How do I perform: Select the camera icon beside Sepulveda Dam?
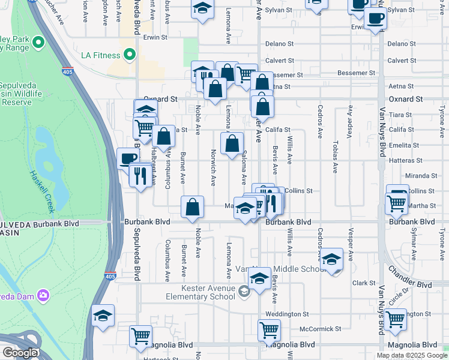(43, 295)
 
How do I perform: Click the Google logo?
(20, 353)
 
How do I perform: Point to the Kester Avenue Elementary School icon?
(244, 292)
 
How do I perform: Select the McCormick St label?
(320, 329)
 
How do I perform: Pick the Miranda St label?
(421, 176)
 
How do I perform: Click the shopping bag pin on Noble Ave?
(192, 207)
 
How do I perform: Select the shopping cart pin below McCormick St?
(269, 330)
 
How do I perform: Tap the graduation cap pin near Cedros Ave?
(330, 259)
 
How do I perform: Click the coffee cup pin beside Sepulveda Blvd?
(127, 159)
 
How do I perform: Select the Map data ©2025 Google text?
(411, 355)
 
